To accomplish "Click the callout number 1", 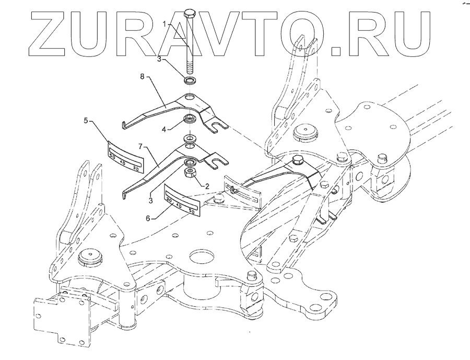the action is pyautogui.click(x=163, y=24).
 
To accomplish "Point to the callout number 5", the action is pyautogui.click(x=85, y=121).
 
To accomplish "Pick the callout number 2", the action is pyautogui.click(x=207, y=185).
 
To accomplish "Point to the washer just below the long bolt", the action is pyautogui.click(x=190, y=80).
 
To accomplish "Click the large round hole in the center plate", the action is pyautogui.click(x=202, y=257).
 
